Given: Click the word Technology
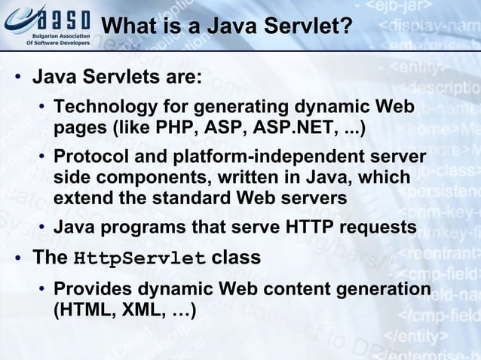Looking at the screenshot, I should tap(106, 105).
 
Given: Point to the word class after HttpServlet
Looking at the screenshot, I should tap(236, 258).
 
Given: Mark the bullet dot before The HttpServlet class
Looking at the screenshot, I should tap(16, 259).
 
